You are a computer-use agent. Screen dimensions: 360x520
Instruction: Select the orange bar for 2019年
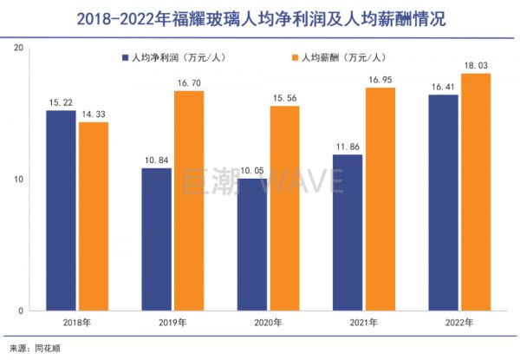(189, 200)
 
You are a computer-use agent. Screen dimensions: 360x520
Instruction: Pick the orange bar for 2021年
(380, 199)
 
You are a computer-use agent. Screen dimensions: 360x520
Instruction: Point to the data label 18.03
(476, 65)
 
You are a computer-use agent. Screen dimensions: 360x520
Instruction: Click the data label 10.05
(251, 170)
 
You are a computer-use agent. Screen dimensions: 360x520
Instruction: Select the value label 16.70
(189, 82)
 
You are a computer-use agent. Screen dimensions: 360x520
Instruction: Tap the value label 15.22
(61, 102)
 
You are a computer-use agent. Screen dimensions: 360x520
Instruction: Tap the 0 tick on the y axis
(20, 311)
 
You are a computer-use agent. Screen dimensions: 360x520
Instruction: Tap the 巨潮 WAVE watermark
(260, 180)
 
